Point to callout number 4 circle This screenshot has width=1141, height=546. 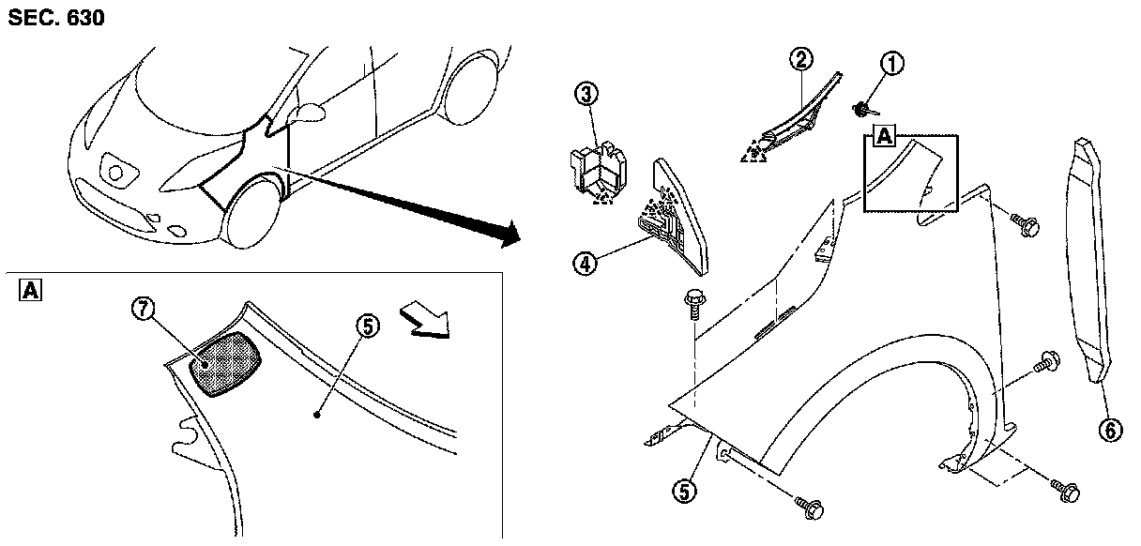586,265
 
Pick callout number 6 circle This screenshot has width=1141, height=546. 1110,430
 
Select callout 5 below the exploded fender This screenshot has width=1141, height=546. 687,488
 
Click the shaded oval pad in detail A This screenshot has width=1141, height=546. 224,364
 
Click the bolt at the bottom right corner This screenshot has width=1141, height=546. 1068,489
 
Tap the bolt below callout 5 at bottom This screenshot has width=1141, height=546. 812,508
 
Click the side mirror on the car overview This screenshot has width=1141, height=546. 307,114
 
